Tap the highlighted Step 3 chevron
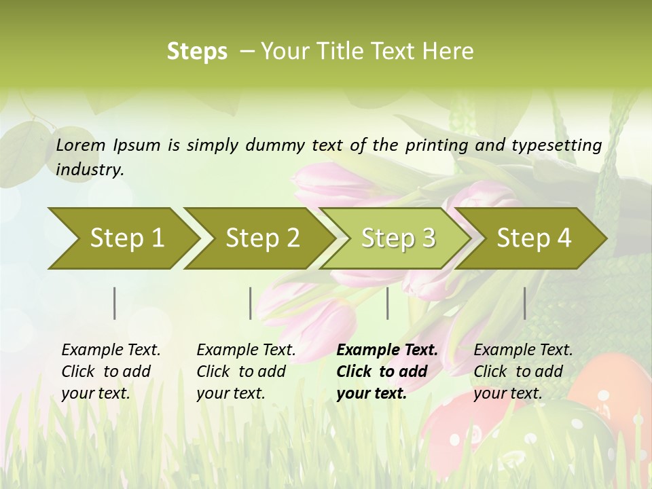[x=397, y=238]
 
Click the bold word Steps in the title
[x=197, y=52]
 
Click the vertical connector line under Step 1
[x=115, y=303]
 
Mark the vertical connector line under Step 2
[x=251, y=303]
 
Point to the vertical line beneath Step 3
[x=388, y=303]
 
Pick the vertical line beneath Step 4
[x=525, y=303]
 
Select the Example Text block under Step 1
[x=111, y=371]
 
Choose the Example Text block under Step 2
[x=246, y=371]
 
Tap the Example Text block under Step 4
[x=523, y=371]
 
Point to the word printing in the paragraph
[x=436, y=145]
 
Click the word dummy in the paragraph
[x=276, y=145]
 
